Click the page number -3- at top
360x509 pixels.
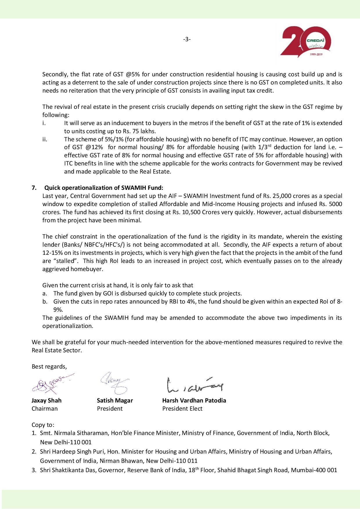click(x=187, y=39)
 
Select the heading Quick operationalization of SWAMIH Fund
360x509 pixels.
click(x=104, y=188)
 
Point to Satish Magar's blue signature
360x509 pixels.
click(x=114, y=382)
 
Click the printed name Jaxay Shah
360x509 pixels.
click(x=46, y=400)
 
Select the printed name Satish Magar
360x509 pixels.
click(x=115, y=400)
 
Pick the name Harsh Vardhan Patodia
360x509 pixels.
click(x=194, y=400)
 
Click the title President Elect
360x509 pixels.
click(x=182, y=409)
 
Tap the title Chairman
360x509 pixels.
click(x=44, y=409)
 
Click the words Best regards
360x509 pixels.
click(x=49, y=367)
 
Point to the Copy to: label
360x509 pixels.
click(x=43, y=425)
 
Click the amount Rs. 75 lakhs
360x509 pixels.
click(x=137, y=131)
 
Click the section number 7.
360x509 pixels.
click(x=34, y=188)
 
